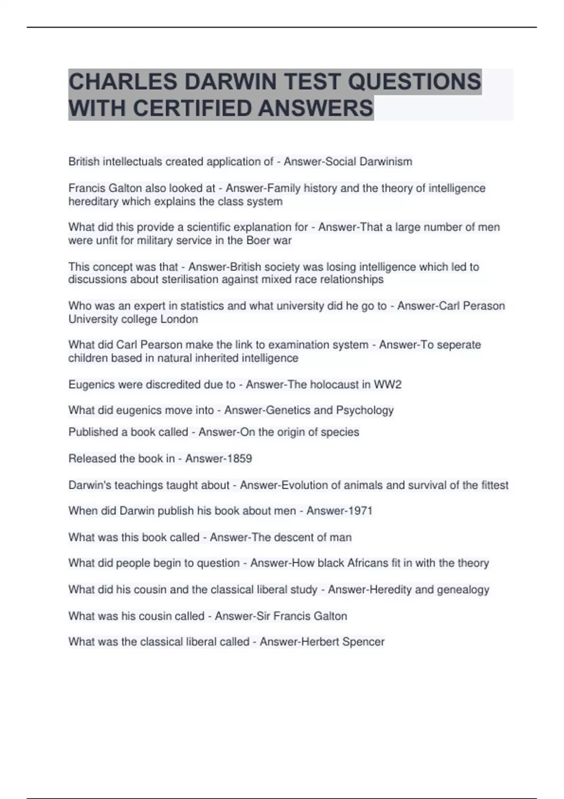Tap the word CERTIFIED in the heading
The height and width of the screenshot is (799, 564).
click(193, 109)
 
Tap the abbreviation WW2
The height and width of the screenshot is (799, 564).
click(388, 384)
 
